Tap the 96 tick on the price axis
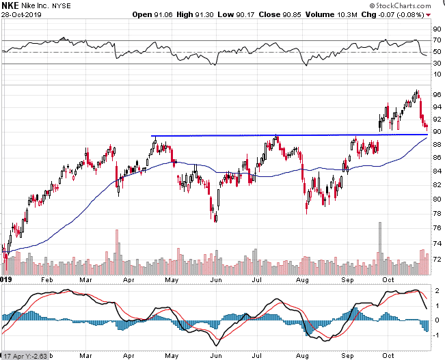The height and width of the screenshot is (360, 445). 435,94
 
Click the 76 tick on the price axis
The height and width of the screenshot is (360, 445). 435,214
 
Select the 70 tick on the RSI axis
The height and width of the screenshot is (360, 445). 435,40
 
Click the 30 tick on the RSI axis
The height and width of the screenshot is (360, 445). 435,64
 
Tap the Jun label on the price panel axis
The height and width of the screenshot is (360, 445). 216,280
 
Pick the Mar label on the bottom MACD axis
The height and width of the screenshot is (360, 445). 85,355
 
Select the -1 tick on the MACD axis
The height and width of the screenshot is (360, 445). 435,335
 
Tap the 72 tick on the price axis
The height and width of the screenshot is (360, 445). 435,260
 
